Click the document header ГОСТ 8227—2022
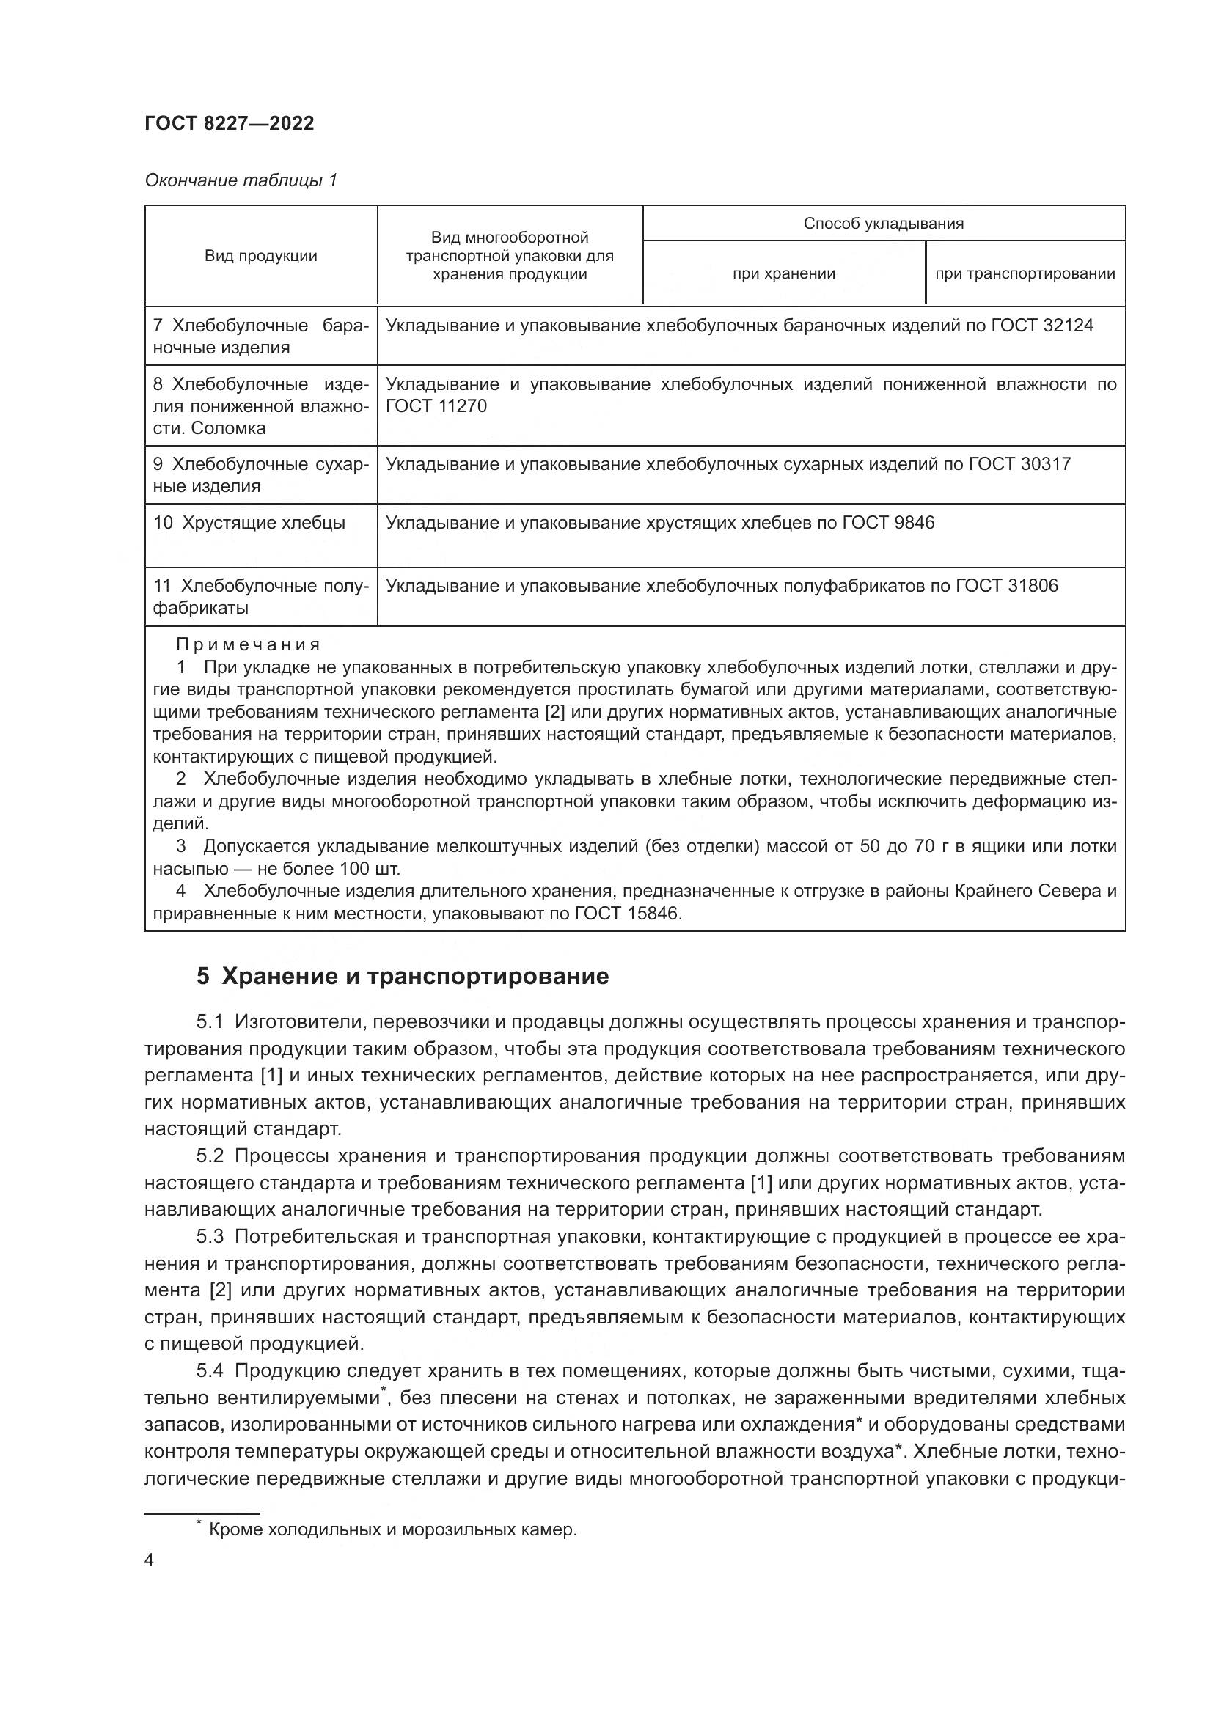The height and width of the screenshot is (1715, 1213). [230, 123]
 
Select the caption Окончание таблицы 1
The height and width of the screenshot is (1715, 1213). [241, 180]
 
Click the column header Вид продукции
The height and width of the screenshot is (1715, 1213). [260, 256]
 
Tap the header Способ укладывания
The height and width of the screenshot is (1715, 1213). [883, 224]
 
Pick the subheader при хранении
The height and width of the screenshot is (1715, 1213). [783, 274]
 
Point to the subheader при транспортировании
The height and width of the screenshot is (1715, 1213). [1025, 274]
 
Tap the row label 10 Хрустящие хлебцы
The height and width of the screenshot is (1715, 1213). [249, 523]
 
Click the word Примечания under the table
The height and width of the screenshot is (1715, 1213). [248, 644]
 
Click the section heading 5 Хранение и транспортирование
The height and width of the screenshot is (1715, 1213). [403, 976]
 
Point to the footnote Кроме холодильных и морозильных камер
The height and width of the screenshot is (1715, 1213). [392, 1529]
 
